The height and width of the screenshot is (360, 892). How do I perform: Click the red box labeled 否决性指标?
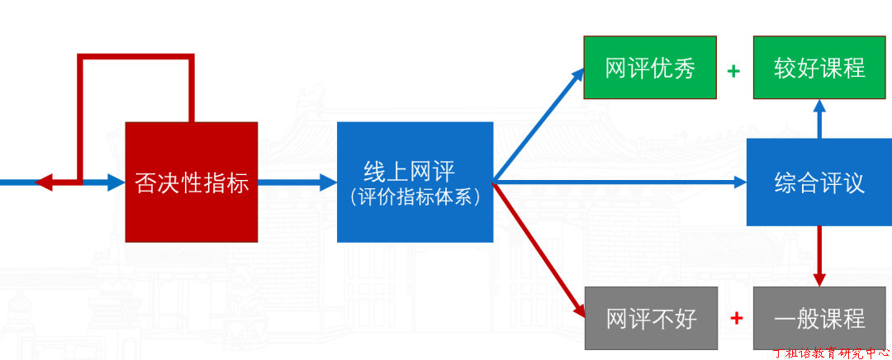coord(191,182)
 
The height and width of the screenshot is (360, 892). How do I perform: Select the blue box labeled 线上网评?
coord(415,182)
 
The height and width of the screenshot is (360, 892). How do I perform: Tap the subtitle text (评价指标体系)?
coord(415,197)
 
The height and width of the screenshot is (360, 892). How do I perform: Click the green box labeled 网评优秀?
coord(650,67)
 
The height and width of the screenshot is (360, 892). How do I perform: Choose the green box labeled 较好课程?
coord(819,67)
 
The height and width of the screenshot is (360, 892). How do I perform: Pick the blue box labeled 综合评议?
coord(819,182)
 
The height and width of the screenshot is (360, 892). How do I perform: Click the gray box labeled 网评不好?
coord(652,319)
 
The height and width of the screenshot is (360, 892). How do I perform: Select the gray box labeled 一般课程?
coord(820,319)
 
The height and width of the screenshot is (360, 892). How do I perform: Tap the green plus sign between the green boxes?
coord(734,71)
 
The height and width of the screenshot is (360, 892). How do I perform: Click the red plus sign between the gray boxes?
coord(736,318)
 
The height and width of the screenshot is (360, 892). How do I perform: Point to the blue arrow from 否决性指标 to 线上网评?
coord(297,182)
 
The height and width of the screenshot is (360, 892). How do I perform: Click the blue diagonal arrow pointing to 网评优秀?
coord(539,124)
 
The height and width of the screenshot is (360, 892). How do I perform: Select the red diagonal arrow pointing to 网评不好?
coord(539,250)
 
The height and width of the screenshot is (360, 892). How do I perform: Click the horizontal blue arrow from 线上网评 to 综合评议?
coord(619,182)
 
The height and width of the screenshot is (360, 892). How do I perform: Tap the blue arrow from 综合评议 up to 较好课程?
coord(819,119)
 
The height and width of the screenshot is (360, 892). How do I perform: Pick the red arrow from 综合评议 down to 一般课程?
coord(819,257)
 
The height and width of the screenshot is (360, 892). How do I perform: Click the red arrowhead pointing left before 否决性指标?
coord(44,182)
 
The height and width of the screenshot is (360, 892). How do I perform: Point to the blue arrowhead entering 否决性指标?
coord(116,182)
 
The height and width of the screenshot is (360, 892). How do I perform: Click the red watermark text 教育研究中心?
coord(847,353)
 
